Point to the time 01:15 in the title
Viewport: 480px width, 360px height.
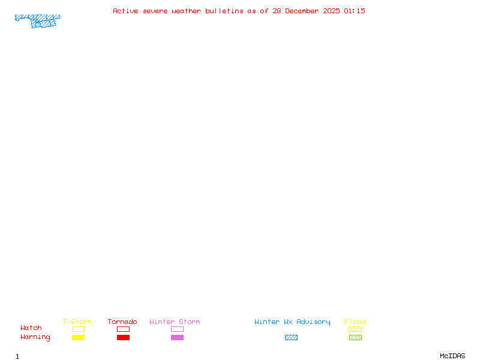click(354, 11)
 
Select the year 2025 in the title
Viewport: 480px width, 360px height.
click(331, 11)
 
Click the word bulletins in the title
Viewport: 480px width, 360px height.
click(224, 11)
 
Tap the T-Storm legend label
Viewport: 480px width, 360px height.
click(77, 322)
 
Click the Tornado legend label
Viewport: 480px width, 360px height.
click(122, 322)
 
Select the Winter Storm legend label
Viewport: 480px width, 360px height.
click(175, 322)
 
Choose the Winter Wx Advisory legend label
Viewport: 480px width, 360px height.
click(292, 322)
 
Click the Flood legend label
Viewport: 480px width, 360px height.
click(355, 322)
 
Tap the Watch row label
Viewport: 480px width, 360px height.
click(31, 328)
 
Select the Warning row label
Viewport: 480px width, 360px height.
click(35, 337)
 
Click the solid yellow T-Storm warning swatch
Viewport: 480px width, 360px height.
click(78, 338)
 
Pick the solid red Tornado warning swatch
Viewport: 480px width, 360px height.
click(123, 338)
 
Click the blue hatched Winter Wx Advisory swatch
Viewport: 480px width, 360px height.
click(291, 338)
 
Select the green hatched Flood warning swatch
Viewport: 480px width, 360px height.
click(355, 338)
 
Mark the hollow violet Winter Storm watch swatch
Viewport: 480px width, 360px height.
click(177, 329)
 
